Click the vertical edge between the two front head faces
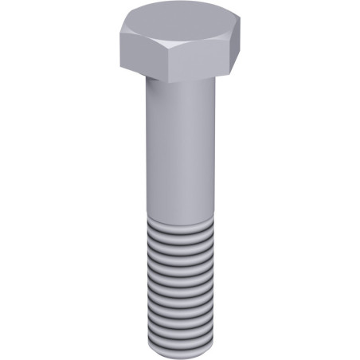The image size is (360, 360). coord(168,63)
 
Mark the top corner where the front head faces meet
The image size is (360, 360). coord(168,46)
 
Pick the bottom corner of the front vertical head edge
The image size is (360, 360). coord(169,80)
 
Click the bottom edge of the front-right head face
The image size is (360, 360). coord(199,78)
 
